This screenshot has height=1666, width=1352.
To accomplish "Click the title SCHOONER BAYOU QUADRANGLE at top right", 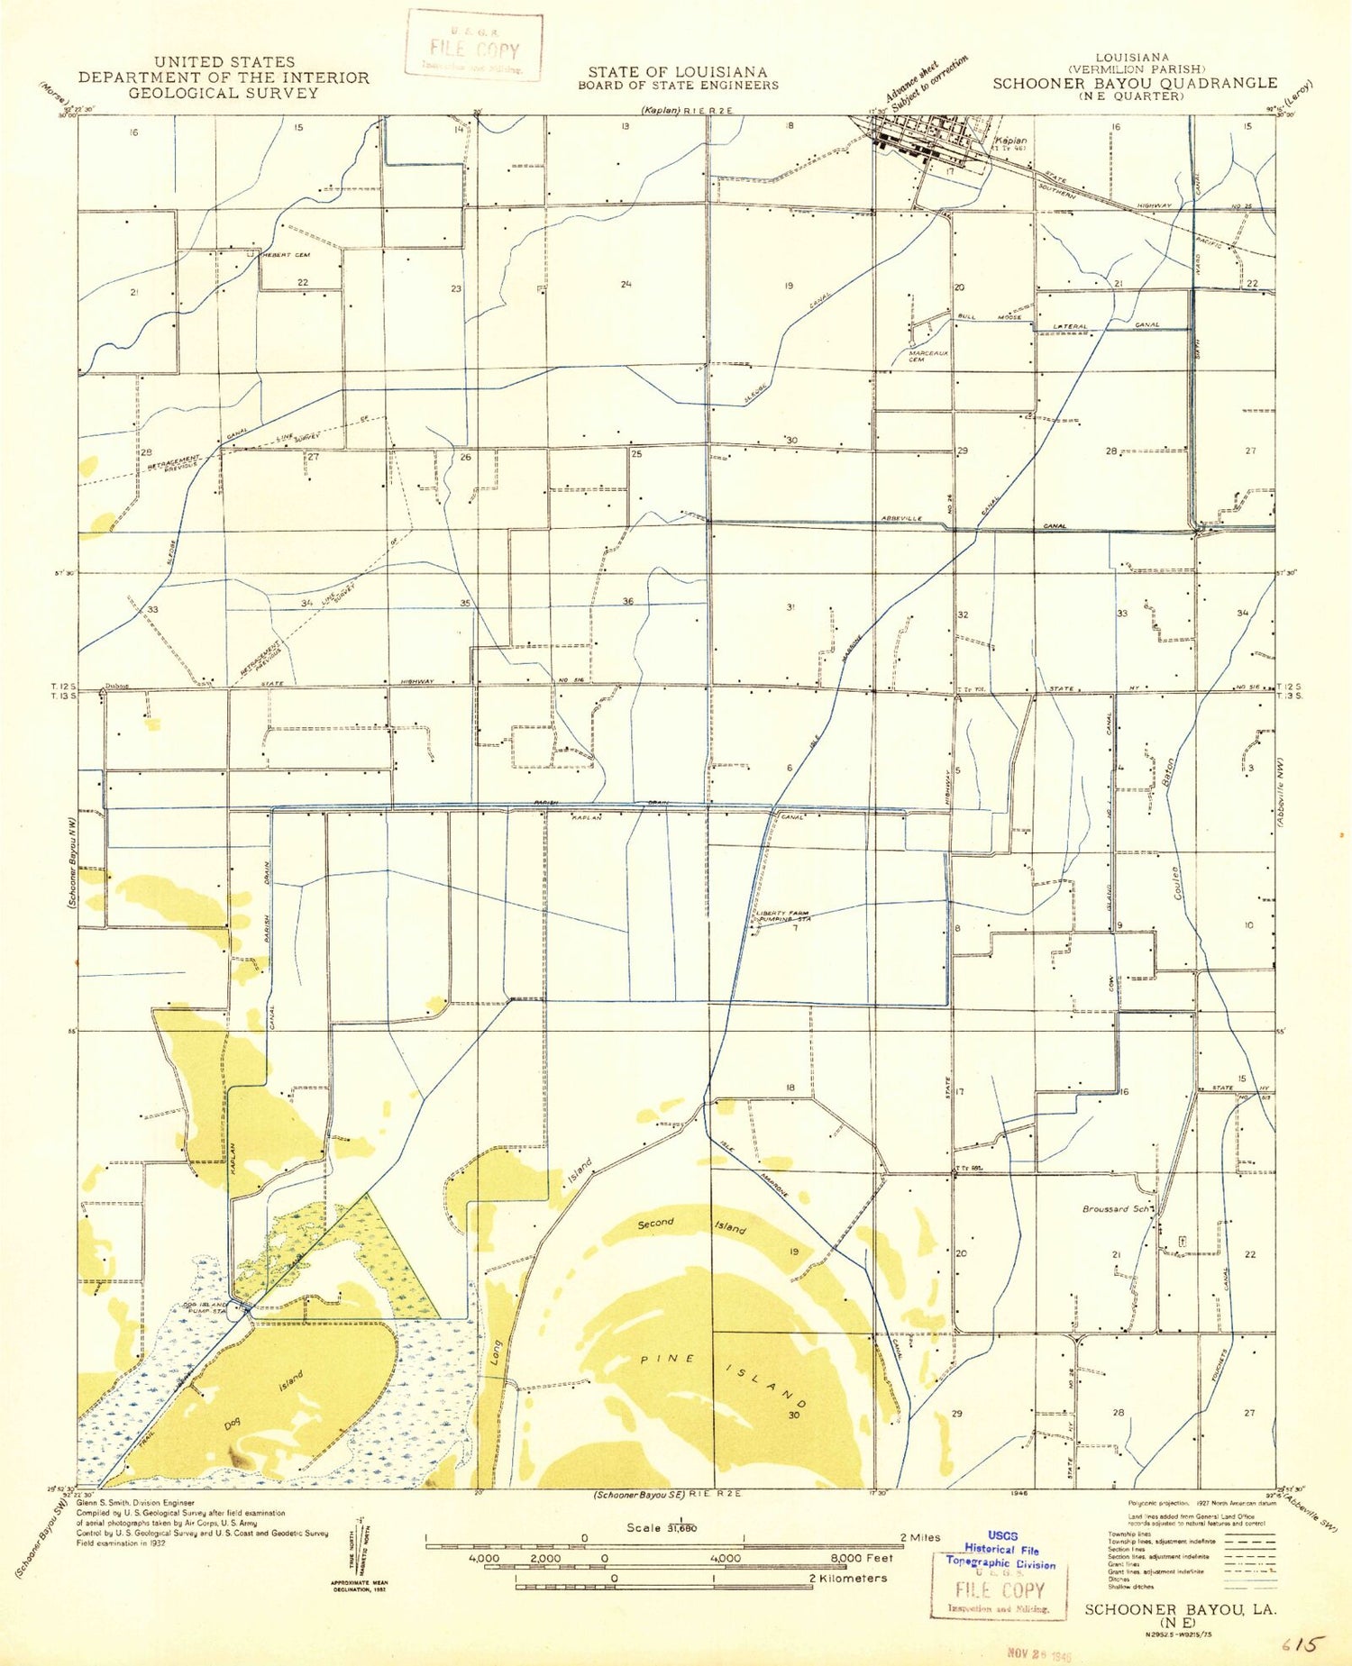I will (1135, 83).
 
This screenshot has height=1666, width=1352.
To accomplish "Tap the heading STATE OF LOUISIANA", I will (678, 72).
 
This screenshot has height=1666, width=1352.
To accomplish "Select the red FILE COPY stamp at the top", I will (474, 46).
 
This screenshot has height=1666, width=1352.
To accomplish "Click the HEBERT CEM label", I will (285, 255).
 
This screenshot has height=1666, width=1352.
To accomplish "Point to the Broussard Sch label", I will (1117, 1209).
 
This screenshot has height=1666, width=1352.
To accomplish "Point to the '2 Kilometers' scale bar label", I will (847, 1578).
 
